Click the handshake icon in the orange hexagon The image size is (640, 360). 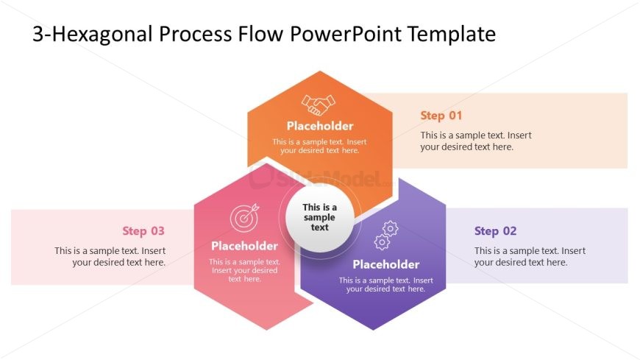pyautogui.click(x=316, y=105)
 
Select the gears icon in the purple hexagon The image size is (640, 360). pyautogui.click(x=386, y=236)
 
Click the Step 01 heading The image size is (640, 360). pyautogui.click(x=441, y=116)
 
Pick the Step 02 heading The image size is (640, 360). pyautogui.click(x=495, y=231)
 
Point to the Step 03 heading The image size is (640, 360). pyautogui.click(x=143, y=231)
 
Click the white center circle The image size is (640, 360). pyautogui.click(x=319, y=217)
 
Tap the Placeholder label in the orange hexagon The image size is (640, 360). pyautogui.click(x=320, y=126)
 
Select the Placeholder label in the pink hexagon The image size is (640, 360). pyautogui.click(x=244, y=246)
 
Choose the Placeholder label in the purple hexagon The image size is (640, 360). pyautogui.click(x=385, y=264)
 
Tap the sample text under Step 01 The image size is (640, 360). pyautogui.click(x=475, y=141)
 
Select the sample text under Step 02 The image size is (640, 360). pyautogui.click(x=530, y=256)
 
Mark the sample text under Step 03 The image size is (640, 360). pyautogui.click(x=110, y=256)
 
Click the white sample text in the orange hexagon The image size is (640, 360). pyautogui.click(x=319, y=146)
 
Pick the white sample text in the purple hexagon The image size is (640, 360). pyautogui.click(x=385, y=284)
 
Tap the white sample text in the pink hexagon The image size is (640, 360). pyautogui.click(x=244, y=270)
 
